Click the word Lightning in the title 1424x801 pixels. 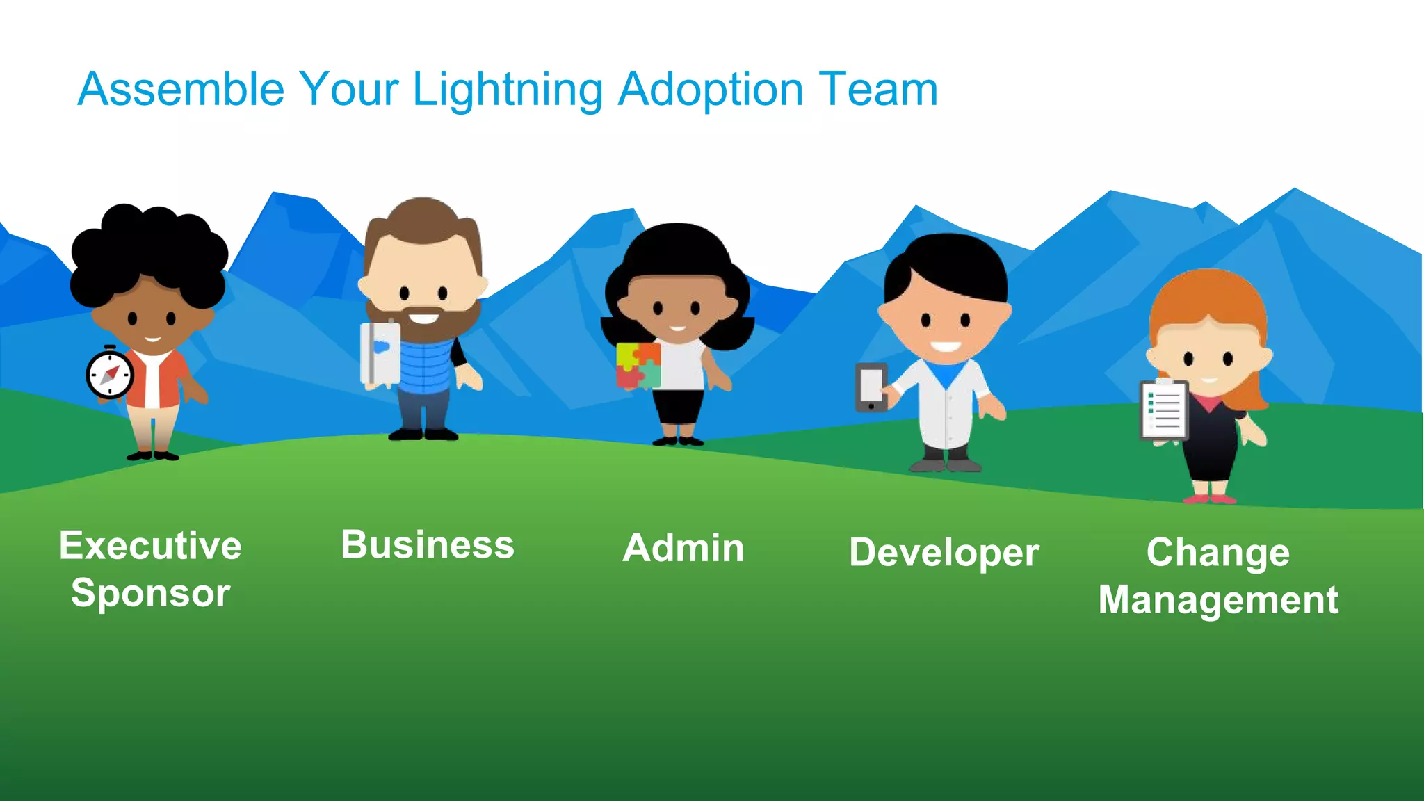click(508, 90)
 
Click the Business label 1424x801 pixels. click(428, 544)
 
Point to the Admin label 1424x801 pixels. click(683, 548)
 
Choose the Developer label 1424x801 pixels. click(944, 553)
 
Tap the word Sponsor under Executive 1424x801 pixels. click(150, 593)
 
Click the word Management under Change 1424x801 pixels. click(1218, 600)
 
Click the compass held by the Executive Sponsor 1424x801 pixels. click(110, 374)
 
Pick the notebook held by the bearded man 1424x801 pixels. click(379, 353)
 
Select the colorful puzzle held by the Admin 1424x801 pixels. click(638, 365)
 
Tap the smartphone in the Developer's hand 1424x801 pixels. click(871, 387)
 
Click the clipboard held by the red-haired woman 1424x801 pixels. click(1164, 410)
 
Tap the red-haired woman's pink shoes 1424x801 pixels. click(1210, 499)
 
